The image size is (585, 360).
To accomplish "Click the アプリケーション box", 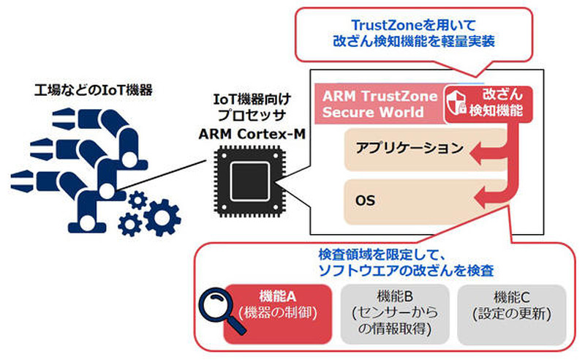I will tap(409, 149).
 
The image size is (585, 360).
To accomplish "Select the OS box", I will tap(409, 198).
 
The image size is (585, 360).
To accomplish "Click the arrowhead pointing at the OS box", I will tap(483, 195).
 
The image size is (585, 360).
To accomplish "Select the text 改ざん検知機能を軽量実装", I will tap(414, 41).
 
